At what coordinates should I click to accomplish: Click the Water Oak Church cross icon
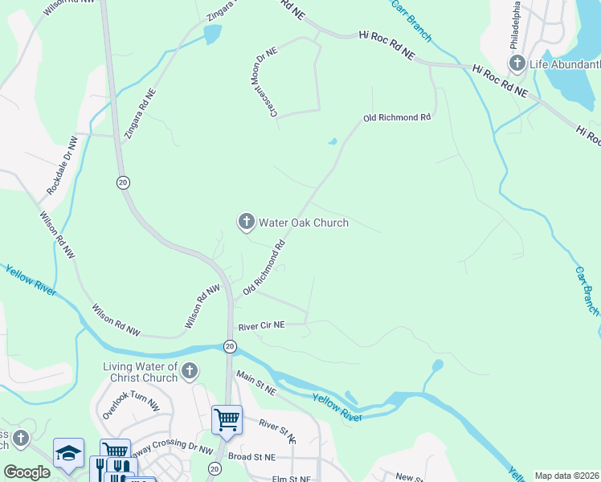coord(246,222)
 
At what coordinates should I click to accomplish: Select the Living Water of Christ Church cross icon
coord(190,371)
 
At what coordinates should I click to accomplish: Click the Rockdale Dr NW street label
coord(62,165)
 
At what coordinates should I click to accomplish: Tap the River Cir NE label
coord(261,325)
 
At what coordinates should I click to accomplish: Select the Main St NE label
coord(256,382)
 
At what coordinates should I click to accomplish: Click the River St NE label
coord(277,429)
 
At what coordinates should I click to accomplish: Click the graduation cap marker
coord(68,452)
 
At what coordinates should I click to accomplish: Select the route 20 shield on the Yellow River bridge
coord(230,346)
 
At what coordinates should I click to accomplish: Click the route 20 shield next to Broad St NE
coord(215,468)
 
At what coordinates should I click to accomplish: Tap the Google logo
coord(27,472)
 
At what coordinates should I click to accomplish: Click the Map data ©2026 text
coord(566,476)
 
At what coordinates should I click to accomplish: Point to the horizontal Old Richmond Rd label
coord(397,117)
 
